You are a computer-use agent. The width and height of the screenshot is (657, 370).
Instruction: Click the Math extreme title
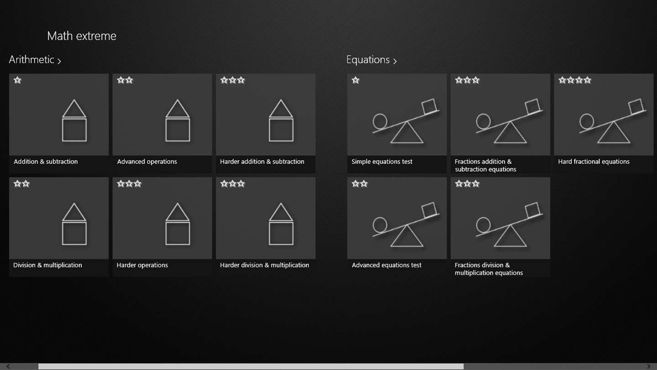(82, 36)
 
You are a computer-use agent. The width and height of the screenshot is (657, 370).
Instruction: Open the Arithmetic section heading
(35, 59)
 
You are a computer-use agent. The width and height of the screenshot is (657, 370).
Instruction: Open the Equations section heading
(371, 59)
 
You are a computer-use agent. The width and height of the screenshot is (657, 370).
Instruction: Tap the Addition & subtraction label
(46, 162)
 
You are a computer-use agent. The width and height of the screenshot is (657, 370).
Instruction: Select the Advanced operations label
(147, 162)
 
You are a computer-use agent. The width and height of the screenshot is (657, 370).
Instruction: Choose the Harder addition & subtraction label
(262, 162)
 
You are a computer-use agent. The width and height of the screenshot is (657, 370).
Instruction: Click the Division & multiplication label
(47, 265)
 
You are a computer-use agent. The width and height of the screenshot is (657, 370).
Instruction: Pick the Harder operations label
(142, 265)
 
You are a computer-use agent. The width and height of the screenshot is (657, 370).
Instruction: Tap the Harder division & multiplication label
(265, 265)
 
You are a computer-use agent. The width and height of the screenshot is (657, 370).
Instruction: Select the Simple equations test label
(382, 162)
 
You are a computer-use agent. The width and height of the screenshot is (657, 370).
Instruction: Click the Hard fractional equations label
(594, 162)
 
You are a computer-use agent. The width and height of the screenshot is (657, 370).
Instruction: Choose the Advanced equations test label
(386, 265)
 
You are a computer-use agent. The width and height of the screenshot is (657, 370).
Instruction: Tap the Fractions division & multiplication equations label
(489, 269)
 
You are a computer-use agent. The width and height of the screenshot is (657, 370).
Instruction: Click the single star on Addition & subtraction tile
(18, 80)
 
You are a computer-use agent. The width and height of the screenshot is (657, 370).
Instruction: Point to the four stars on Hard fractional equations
(574, 80)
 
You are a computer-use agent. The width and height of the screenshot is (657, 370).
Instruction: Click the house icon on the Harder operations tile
(177, 224)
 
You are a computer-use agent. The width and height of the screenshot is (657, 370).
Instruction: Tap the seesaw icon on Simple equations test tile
(406, 121)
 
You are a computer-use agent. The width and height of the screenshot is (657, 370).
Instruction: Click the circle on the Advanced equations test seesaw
(380, 225)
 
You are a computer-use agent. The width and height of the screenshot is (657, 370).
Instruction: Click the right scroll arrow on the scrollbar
(649, 366)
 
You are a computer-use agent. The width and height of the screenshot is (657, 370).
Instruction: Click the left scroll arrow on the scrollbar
(8, 366)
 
